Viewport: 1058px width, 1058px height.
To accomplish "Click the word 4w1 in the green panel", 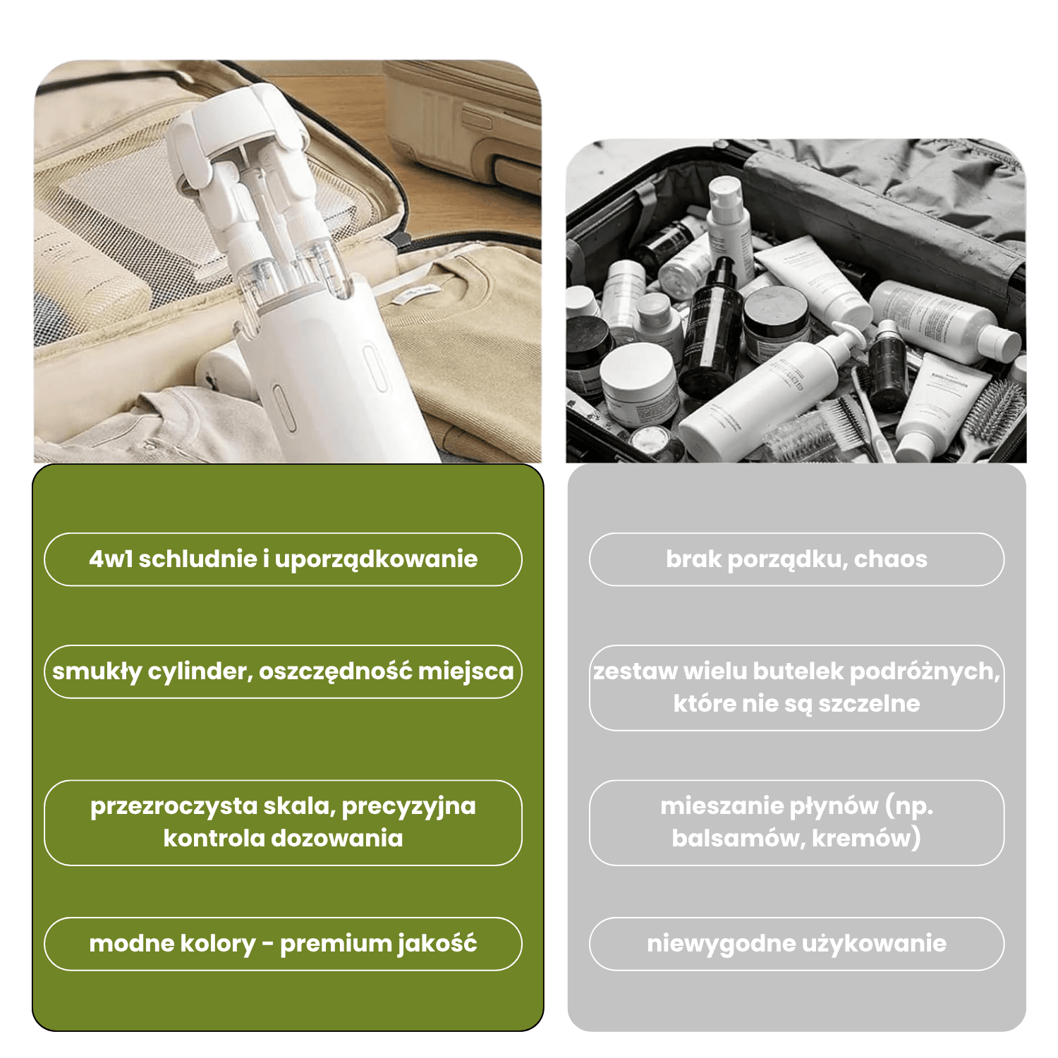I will tap(111, 559).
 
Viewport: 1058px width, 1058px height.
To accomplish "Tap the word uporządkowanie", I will tap(376, 559).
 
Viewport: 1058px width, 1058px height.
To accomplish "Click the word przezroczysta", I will tap(174, 806).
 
